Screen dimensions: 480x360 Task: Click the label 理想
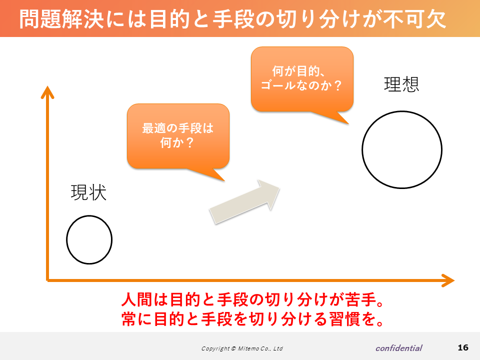click(x=401, y=84)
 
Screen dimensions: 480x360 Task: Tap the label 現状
click(x=88, y=192)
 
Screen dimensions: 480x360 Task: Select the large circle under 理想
click(x=362, y=149)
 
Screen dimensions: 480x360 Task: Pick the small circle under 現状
click(x=66, y=239)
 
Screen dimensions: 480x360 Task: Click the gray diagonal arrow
click(x=244, y=201)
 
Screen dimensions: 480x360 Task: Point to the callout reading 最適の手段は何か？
click(x=178, y=136)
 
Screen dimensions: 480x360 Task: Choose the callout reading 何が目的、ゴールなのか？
click(x=302, y=79)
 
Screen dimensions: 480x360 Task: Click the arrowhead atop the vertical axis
click(x=47, y=92)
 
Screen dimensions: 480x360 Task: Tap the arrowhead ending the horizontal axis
click(x=448, y=280)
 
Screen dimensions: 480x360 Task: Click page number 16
click(x=463, y=347)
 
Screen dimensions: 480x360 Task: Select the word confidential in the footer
click(x=399, y=348)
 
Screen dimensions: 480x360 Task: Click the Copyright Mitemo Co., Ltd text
click(x=242, y=348)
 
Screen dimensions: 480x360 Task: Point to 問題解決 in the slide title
click(x=61, y=19)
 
